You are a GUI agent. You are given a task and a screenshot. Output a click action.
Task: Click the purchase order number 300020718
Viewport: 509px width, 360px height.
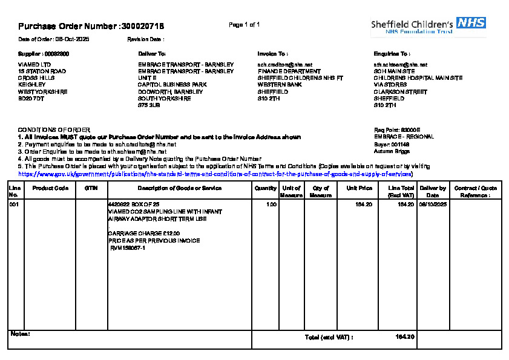[x=143, y=27]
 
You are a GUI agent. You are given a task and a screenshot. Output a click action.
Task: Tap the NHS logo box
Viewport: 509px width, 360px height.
[x=471, y=23]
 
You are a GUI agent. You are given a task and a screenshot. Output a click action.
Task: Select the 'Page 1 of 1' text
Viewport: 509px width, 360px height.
[x=245, y=25]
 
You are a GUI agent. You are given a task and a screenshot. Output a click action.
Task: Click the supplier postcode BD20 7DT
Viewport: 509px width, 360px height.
[x=31, y=99]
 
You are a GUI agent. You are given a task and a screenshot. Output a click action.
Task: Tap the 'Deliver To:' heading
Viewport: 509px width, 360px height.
[x=152, y=54]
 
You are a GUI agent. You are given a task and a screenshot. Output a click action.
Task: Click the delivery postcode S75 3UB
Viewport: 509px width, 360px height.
[x=149, y=105]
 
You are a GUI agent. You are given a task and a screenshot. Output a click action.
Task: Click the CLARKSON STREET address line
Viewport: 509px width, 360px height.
[x=401, y=92]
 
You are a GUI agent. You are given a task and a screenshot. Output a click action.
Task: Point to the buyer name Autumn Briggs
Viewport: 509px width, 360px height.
[x=392, y=151]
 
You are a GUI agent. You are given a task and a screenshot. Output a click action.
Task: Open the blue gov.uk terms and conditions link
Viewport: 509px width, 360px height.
[x=215, y=174]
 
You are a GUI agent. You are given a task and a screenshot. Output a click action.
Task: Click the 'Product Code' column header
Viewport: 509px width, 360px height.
[x=50, y=188]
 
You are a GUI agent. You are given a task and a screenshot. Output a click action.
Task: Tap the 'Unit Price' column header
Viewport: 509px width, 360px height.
[x=359, y=188]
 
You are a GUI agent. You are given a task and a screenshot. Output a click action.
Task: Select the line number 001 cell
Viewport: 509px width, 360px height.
[x=13, y=205]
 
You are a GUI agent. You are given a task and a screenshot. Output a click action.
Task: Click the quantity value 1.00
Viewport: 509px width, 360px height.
[x=272, y=205]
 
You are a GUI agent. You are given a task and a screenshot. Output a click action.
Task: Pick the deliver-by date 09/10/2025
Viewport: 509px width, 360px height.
[x=433, y=205]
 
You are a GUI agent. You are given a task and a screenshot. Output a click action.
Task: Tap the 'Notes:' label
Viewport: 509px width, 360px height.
[x=21, y=333]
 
